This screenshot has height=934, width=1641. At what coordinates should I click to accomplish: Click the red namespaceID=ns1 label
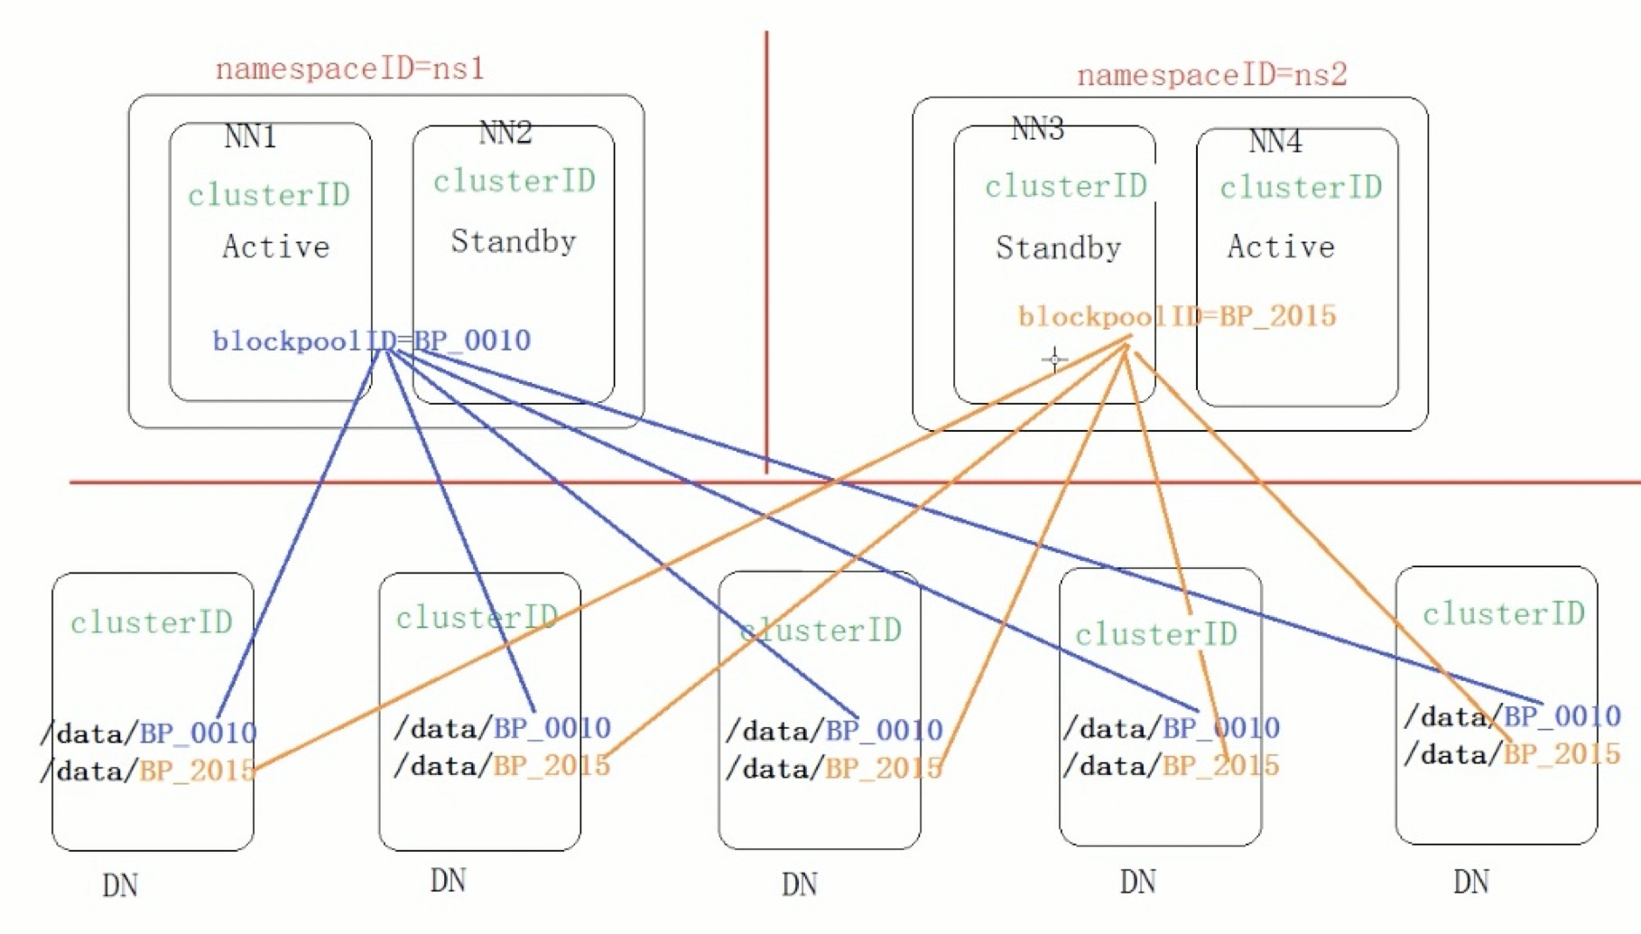(349, 70)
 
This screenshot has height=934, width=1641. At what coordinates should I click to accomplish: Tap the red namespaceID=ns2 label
(1211, 75)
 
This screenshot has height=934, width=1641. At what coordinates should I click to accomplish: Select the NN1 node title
(250, 137)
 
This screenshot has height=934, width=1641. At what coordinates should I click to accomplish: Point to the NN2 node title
(505, 134)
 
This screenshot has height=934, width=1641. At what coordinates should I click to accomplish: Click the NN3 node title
(1037, 130)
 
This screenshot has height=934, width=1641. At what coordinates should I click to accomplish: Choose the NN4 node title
(1275, 142)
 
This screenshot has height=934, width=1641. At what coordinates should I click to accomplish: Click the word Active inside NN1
(275, 247)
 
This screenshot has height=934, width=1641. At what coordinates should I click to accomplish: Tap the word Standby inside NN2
(513, 242)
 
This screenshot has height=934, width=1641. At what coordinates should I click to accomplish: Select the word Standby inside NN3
(1058, 248)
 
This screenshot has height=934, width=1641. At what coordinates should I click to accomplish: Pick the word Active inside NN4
(1280, 247)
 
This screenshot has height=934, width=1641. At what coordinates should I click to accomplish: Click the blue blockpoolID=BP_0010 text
(371, 341)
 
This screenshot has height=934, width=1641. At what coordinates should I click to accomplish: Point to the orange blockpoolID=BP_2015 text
(1176, 316)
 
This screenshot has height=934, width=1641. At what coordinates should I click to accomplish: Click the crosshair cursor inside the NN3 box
(1054, 360)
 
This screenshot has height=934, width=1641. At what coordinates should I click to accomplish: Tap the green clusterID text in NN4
(1301, 188)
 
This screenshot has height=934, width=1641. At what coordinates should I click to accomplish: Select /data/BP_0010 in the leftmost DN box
(149, 733)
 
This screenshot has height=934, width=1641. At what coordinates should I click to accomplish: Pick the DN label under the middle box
(800, 884)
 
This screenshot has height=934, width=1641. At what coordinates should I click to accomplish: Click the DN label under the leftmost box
(120, 886)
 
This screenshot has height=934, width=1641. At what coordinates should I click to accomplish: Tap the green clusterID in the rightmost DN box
(1503, 614)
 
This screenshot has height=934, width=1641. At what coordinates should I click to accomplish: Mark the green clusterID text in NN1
(268, 195)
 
